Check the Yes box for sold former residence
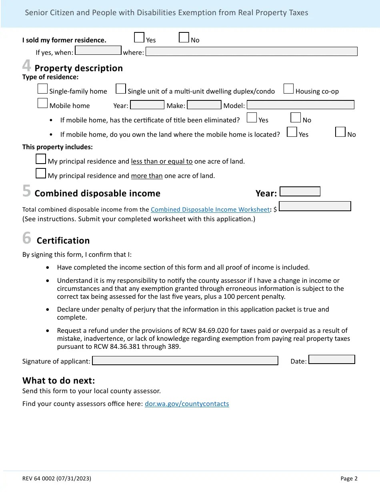click(139, 38)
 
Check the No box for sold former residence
click(184, 38)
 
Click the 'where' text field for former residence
click(251, 52)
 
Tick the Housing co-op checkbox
click(288, 89)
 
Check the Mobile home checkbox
click(42, 103)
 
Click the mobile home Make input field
click(204, 105)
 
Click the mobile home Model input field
click(300, 105)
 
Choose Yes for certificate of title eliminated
click(252, 118)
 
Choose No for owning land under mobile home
click(340, 132)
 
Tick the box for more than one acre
click(41, 174)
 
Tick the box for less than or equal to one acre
click(41, 159)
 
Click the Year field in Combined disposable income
click(300, 192)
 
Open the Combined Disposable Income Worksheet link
click(210, 210)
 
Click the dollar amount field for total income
click(315, 206)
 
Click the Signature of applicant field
click(185, 361)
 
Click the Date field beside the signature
click(332, 360)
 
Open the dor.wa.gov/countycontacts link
click(187, 404)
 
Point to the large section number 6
click(26, 238)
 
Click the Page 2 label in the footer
click(349, 478)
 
